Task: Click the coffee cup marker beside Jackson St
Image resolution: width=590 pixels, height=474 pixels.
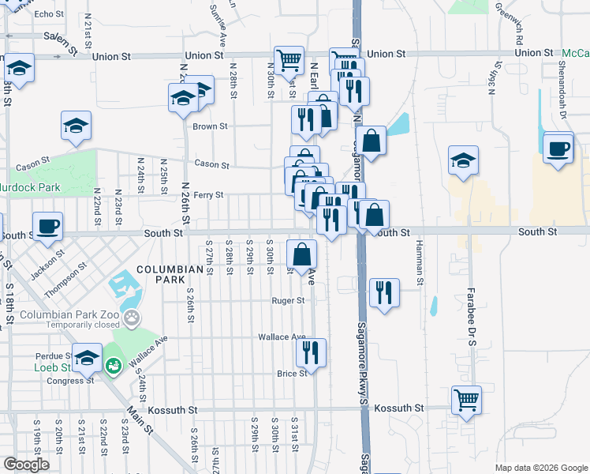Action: [47, 227]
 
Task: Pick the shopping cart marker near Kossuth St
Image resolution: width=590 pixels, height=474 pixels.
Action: [466, 400]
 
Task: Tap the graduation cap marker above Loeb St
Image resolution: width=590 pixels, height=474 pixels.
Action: [87, 356]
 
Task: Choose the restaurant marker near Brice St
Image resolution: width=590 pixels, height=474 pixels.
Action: [311, 353]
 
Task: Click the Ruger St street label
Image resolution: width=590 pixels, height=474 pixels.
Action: [288, 301]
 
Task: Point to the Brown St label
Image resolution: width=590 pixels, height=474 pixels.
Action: [211, 126]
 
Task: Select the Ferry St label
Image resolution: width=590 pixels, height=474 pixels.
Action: [209, 195]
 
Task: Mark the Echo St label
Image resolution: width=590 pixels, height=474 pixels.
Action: [49, 14]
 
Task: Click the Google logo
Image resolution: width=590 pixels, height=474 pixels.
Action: [26, 465]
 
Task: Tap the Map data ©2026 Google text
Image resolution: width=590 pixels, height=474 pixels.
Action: [540, 468]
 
